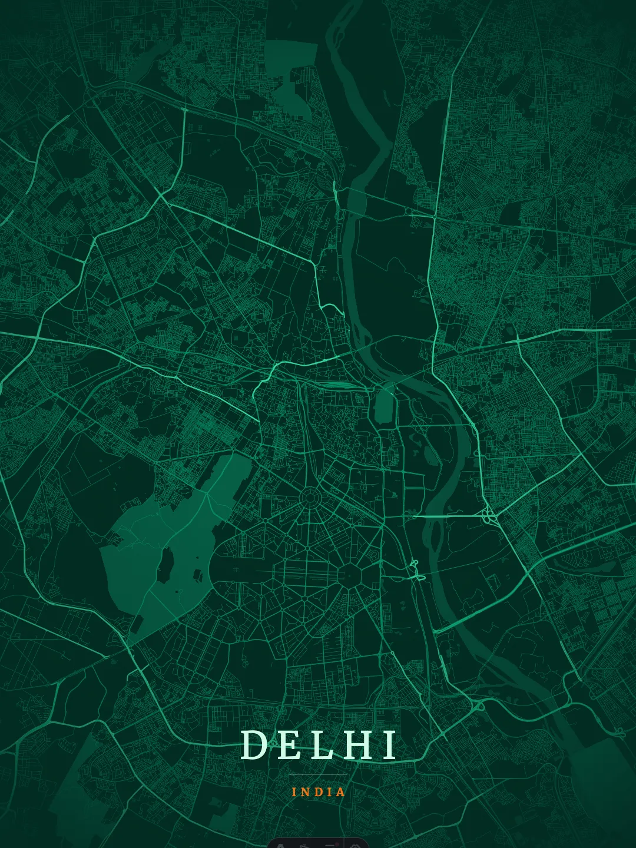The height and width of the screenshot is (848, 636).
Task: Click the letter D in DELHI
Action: pyautogui.click(x=253, y=745)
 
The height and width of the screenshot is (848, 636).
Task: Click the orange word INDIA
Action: pyautogui.click(x=319, y=792)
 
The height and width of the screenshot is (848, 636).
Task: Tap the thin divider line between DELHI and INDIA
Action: pyautogui.click(x=318, y=774)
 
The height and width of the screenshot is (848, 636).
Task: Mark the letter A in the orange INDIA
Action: pyautogui.click(x=341, y=792)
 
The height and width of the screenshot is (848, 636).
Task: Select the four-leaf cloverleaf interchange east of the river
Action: pyautogui.click(x=489, y=516)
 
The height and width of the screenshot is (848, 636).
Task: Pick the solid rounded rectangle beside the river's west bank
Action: pyautogui.click(x=383, y=406)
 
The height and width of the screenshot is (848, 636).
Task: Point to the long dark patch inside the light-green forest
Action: pyautogui.click(x=165, y=564)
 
